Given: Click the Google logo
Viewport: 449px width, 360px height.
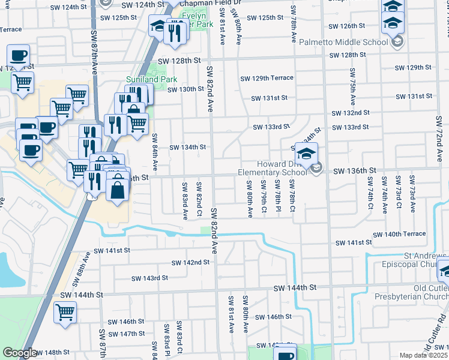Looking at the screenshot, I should tap(19, 353).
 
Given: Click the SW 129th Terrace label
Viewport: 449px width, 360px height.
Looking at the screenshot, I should tap(267, 79).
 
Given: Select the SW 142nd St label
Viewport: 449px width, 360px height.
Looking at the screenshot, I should tap(190, 262).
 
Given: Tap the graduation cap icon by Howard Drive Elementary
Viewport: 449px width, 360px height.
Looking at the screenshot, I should tap(306, 154).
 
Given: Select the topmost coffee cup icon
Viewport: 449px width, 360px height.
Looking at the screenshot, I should tap(18, 56).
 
